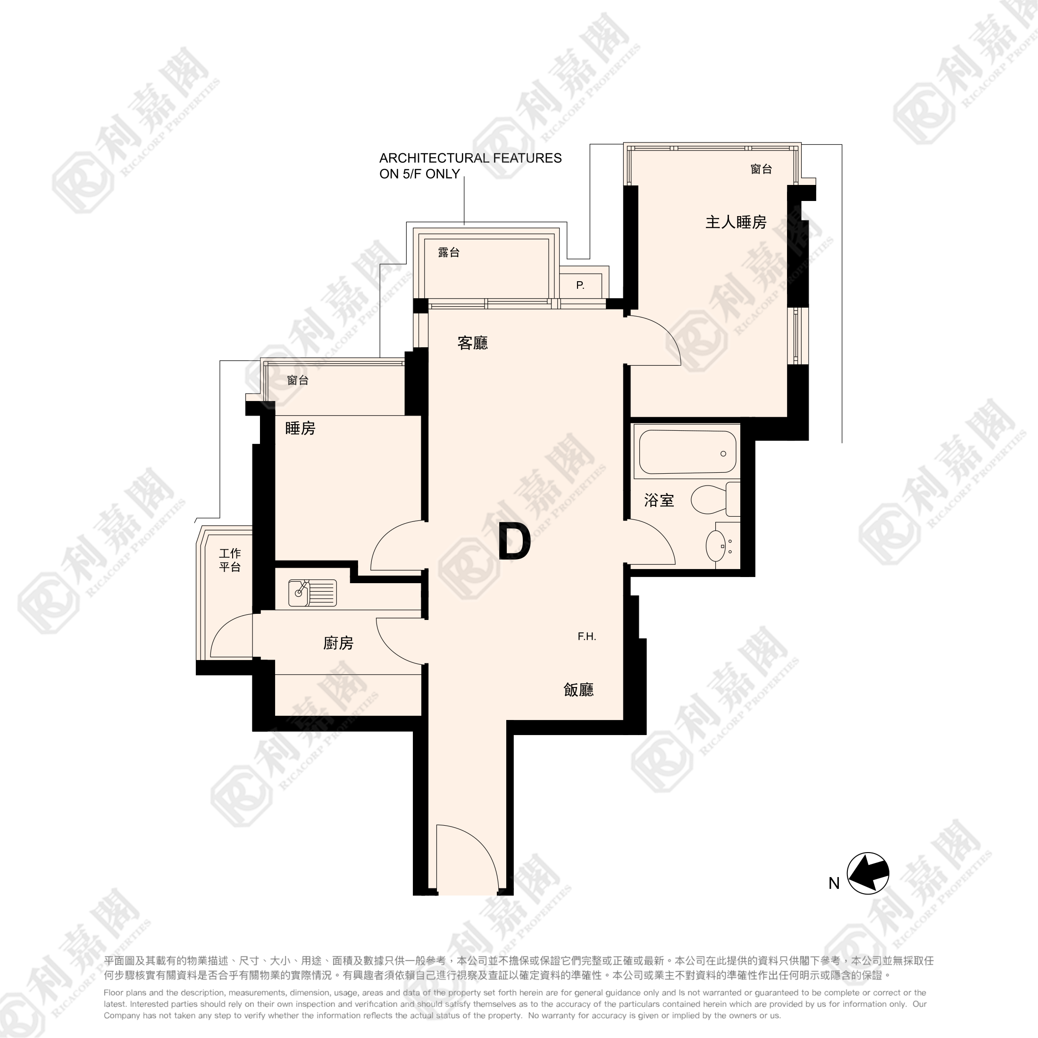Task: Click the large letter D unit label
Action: tap(514, 542)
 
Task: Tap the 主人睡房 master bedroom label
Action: tap(736, 222)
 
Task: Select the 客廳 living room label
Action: tap(472, 343)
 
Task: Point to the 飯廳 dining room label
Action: tap(578, 690)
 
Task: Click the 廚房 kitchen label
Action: tap(338, 643)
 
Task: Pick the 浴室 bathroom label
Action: tap(659, 501)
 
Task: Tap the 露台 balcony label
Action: tap(449, 252)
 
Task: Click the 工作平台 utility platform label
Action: tap(230, 560)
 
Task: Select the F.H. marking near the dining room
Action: tap(586, 636)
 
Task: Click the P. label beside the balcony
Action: tap(580, 285)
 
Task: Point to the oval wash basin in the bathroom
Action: tap(716, 546)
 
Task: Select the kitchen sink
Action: tap(312, 593)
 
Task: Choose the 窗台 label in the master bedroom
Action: tap(762, 169)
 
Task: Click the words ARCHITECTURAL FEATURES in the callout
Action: tap(471, 158)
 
